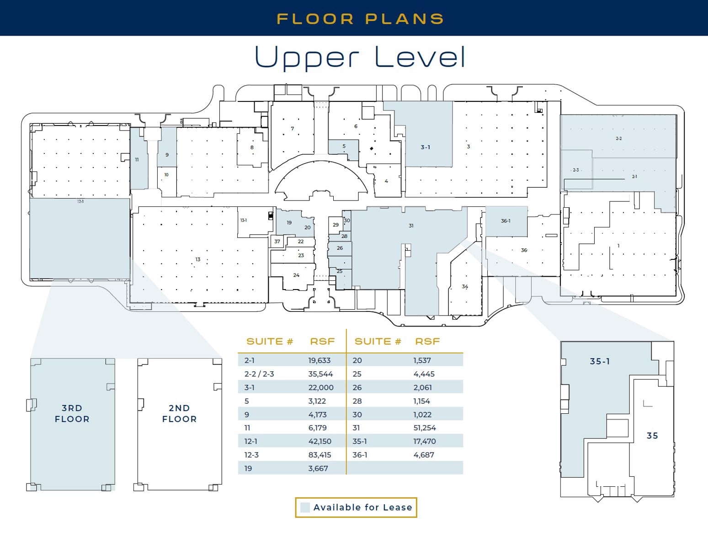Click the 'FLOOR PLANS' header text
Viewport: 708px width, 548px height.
tap(360, 19)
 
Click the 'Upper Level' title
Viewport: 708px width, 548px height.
tap(360, 57)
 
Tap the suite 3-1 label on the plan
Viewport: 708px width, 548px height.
tap(425, 147)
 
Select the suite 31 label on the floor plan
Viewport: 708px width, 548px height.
tap(411, 226)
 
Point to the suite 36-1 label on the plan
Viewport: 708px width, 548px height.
tap(506, 221)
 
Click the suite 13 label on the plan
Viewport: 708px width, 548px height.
tap(197, 259)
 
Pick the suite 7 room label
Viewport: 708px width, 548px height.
tap(293, 129)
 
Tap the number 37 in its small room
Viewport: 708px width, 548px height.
tap(277, 242)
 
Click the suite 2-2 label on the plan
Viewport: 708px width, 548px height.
tap(618, 138)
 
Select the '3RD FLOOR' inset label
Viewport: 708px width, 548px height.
tap(72, 413)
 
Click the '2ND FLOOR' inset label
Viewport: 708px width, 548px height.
tap(179, 413)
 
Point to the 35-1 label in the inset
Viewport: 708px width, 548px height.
tap(600, 361)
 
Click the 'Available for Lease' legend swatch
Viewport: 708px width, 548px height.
tap(305, 507)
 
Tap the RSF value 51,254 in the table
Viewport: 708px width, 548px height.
tap(424, 428)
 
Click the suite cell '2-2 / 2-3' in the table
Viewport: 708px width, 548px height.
tap(259, 374)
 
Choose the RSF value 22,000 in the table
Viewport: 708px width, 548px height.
tap(320, 387)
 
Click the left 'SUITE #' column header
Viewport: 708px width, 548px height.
tap(269, 342)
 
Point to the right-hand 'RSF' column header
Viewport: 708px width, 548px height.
tap(427, 342)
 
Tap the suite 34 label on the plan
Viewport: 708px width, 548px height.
tap(465, 287)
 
